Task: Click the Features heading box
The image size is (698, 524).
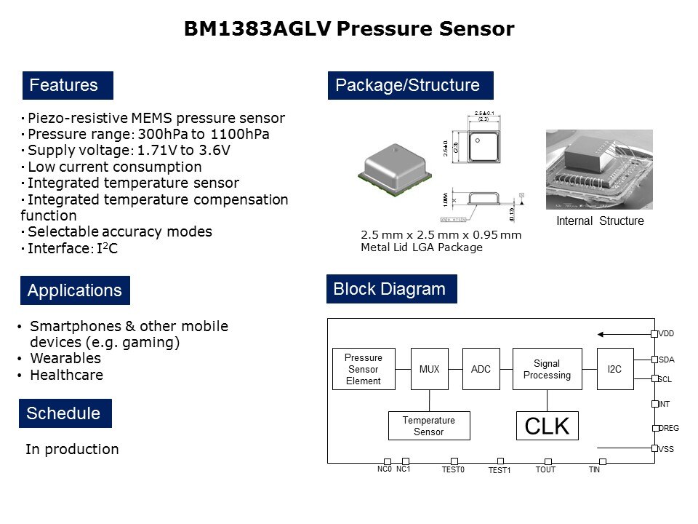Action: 68,86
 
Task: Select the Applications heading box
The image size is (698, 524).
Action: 74,290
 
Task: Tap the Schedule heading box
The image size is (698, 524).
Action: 65,413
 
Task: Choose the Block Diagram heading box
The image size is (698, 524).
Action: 391,289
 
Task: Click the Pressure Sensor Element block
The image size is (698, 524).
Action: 363,369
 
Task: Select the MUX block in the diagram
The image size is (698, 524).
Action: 429,369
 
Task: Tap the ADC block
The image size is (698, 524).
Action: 481,369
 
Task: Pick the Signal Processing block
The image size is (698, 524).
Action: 547,369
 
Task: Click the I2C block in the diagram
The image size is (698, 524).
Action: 614,369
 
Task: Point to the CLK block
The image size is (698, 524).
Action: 547,426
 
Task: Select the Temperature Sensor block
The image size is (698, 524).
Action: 428,426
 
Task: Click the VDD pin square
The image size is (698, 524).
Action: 654,334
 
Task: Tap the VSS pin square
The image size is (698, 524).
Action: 654,449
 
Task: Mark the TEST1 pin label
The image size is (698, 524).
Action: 500,471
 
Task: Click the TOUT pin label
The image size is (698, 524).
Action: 545,470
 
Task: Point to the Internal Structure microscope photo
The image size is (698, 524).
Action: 599,170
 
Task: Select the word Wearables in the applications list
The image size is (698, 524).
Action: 65,358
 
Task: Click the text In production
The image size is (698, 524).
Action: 72,449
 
